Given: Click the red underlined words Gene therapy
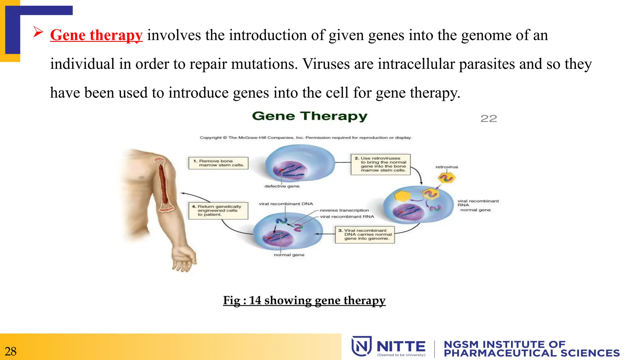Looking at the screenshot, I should [96, 35].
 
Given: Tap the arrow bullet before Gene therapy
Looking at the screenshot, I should [38, 32].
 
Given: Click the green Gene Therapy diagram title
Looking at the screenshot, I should [310, 116].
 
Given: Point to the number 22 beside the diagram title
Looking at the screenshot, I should [488, 118].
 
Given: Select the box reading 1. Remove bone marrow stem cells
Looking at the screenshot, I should [218, 163].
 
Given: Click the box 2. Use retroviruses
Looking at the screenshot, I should [380, 164].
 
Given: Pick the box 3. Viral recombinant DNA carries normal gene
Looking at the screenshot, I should [365, 235].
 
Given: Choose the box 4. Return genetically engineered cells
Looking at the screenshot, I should [218, 211].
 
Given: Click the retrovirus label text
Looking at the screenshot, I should [447, 167].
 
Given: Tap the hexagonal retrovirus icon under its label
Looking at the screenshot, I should [447, 178].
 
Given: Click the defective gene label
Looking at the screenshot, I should [282, 186].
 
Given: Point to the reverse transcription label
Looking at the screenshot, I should [344, 210].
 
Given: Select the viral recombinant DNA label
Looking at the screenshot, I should [286, 204].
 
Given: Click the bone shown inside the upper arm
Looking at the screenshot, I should [163, 184].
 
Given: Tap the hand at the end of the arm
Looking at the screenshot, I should [183, 259].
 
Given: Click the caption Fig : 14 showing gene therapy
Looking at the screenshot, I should [304, 300].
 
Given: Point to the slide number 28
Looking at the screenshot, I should [11, 352].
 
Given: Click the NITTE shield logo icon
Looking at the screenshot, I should [361, 346].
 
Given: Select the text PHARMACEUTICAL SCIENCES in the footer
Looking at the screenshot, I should [532, 353].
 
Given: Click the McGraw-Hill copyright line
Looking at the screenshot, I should [306, 137].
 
